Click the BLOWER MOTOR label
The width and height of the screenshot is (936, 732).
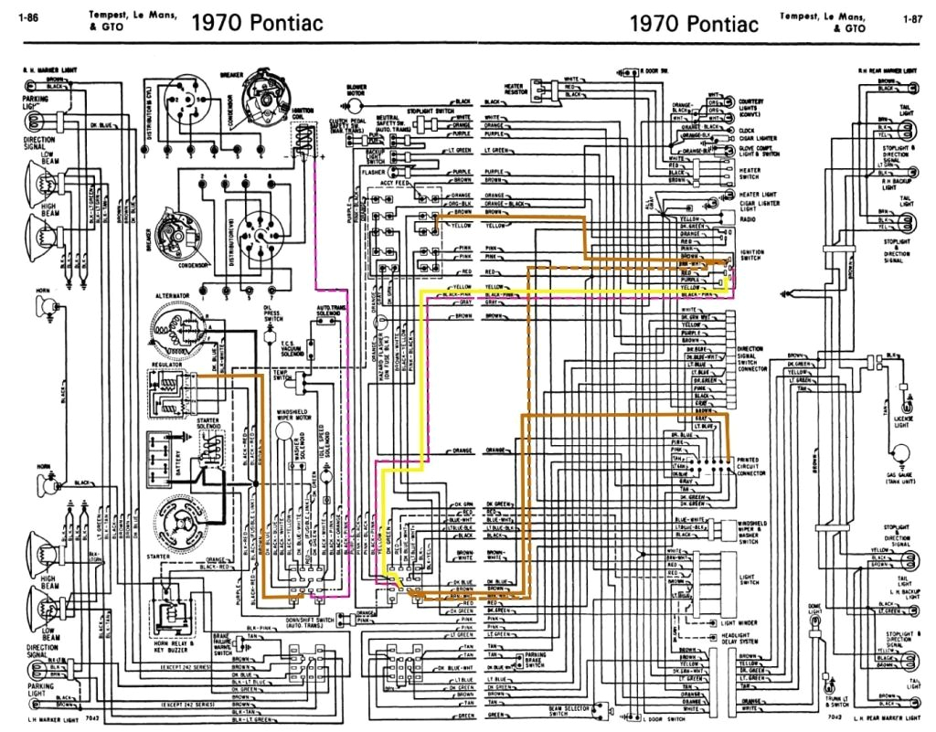[x=356, y=91]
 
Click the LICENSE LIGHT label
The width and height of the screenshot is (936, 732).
[x=903, y=421]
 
